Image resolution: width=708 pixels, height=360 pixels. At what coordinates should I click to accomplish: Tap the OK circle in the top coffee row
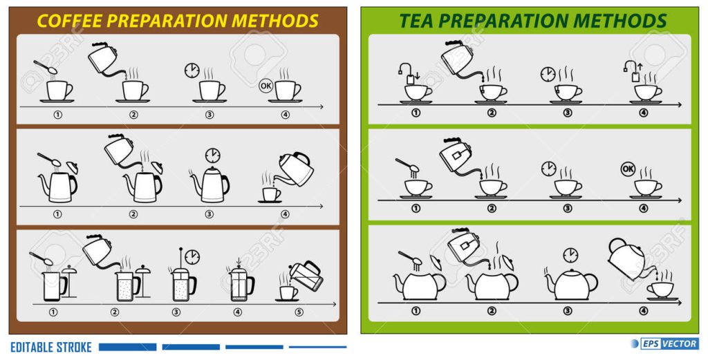point(265,85)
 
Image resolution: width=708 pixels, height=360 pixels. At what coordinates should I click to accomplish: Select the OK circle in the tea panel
point(628,169)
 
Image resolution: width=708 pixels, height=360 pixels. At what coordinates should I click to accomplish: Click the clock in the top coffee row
point(192,71)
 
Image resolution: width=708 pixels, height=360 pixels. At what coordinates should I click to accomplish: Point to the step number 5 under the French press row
point(299,312)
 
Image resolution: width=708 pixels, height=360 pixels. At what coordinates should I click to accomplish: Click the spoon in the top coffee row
point(45,67)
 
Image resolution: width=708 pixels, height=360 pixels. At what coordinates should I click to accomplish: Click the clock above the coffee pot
point(212,155)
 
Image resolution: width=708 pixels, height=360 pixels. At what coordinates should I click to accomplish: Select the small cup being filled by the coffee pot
point(271,194)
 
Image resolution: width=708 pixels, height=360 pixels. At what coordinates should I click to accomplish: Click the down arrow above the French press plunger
point(239,260)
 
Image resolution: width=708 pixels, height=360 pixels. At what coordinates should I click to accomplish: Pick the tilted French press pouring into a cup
point(307,275)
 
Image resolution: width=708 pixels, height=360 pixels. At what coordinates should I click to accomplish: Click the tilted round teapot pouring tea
point(630,258)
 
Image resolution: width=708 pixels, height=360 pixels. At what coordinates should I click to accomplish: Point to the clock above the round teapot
point(570,256)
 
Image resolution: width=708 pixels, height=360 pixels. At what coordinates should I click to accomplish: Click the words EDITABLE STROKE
point(51,348)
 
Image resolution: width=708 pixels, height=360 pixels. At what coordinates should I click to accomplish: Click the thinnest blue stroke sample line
point(318,347)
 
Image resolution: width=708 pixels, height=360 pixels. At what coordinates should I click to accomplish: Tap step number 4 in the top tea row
point(644,113)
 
